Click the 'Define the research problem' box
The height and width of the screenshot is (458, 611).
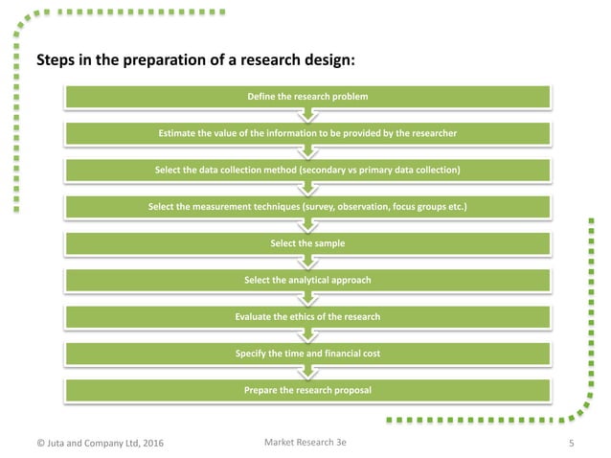tap(306, 97)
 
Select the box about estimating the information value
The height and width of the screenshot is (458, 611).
tap(306, 133)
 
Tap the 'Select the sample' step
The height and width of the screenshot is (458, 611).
tap(306, 243)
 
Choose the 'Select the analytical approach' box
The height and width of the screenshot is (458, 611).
tap(306, 280)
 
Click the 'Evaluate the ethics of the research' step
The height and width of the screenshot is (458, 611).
tap(306, 316)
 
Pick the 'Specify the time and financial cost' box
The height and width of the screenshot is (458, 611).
tap(306, 354)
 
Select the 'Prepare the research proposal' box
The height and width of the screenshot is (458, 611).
tap(306, 390)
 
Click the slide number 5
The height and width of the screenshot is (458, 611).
tap(571, 442)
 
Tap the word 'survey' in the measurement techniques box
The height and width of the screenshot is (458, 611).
tap(332, 207)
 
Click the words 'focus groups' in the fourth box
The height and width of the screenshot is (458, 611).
tap(423, 207)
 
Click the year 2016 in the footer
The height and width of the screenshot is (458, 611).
tap(150, 442)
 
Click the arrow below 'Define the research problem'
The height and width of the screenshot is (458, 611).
tap(306, 115)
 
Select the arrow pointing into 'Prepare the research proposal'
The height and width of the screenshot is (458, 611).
tap(306, 372)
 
